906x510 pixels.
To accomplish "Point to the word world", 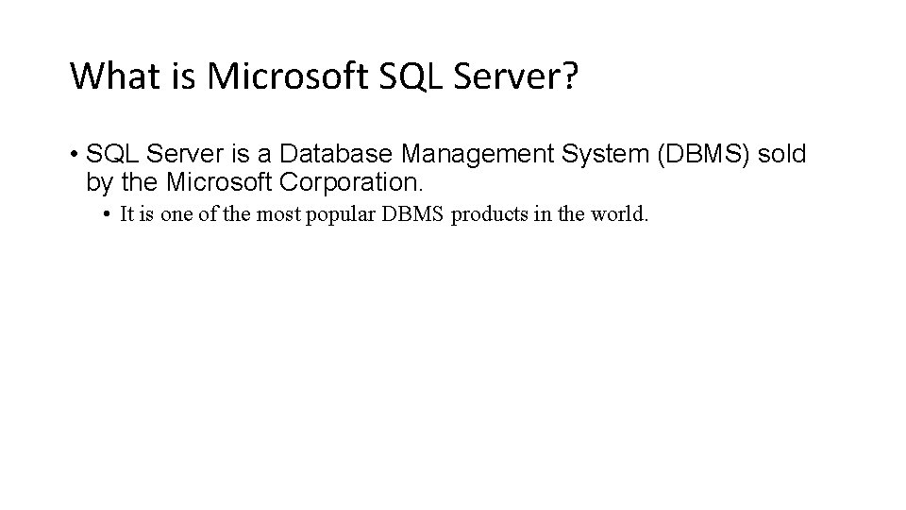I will (621, 214).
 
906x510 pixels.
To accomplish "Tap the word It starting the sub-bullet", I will (128, 214).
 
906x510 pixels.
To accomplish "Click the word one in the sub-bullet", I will (176, 214).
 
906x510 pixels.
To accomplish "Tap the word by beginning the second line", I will (97, 180).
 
